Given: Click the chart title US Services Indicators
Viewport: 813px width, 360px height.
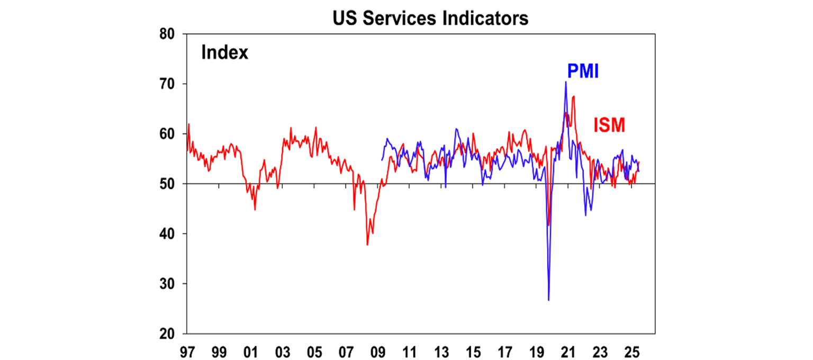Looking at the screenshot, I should pos(430,18).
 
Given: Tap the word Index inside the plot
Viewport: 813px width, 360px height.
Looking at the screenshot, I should pos(224,53).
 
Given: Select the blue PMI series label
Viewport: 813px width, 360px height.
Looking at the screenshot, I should pos(583,71).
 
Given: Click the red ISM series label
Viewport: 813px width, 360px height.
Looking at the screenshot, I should pos(609,125).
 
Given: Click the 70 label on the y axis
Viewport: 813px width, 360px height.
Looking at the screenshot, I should pos(170,84).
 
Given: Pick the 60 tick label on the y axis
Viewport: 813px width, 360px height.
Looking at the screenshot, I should pos(170,134).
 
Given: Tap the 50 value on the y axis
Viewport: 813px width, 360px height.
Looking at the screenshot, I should pos(170,184).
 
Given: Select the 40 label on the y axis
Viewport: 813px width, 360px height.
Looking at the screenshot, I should pos(170,234).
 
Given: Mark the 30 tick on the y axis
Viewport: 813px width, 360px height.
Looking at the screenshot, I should pos(170,284).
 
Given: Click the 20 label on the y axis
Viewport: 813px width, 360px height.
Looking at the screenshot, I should pos(170,334).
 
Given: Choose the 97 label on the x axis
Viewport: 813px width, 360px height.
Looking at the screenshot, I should pos(187,351).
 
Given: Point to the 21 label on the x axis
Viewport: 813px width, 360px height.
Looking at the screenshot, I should pos(568,351).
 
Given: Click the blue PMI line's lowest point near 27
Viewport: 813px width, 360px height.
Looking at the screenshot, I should pos(549,300).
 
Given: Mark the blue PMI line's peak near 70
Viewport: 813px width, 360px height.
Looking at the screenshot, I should pos(566,82).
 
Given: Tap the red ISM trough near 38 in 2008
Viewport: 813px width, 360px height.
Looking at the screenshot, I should pos(367,245).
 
